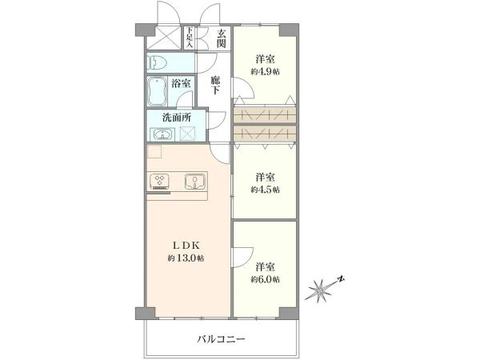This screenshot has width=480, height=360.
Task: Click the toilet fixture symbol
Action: pyautogui.click(x=157, y=63)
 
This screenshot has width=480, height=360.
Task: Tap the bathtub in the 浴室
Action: pyautogui.click(x=157, y=91)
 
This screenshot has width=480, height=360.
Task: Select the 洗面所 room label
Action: pyautogui.click(x=177, y=118)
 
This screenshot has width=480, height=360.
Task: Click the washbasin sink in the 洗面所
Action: pyautogui.click(x=162, y=134)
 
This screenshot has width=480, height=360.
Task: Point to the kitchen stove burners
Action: pyautogui.click(x=159, y=181)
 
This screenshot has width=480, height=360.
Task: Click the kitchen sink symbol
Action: pyautogui.click(x=194, y=181)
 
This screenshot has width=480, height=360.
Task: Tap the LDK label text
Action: pyautogui.click(x=186, y=245)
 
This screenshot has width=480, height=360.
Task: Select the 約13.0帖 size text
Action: pyautogui.click(x=186, y=258)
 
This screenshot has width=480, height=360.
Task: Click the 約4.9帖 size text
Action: pyautogui.click(x=265, y=72)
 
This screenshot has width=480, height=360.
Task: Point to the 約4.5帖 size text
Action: pyautogui.click(x=265, y=190)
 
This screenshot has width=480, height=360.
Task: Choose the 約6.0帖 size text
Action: pyautogui.click(x=265, y=279)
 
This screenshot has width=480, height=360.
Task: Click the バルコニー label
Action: pyautogui.click(x=221, y=339)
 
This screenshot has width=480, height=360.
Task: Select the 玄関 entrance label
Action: pyautogui.click(x=222, y=38)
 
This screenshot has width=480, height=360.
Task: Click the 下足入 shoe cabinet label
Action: pyautogui.click(x=190, y=38)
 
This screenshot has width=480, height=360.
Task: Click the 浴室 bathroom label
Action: pyautogui.click(x=181, y=83)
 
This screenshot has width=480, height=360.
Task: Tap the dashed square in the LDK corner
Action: pyautogui.click(x=154, y=151)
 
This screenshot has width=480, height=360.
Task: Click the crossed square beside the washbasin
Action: pyautogui.click(x=187, y=134)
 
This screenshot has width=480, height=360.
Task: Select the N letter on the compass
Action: pyautogui.click(x=342, y=279)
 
